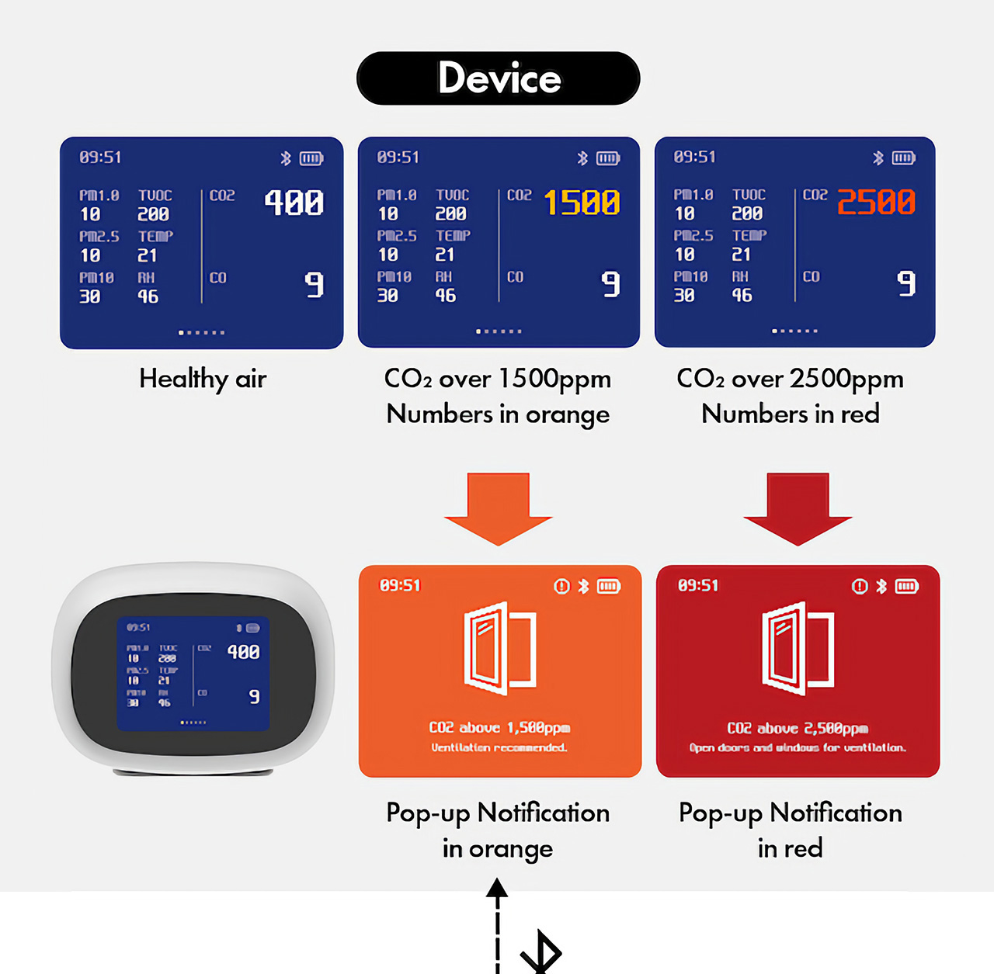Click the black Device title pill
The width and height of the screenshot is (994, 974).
[498, 78]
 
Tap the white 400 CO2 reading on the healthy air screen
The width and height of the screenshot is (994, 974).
[294, 203]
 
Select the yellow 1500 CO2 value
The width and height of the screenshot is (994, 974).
[582, 203]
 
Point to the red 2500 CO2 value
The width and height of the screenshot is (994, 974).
[876, 202]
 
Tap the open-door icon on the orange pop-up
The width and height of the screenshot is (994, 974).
[499, 648]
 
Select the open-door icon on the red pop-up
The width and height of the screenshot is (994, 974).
[798, 648]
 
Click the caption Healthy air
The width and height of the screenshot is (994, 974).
[203, 379]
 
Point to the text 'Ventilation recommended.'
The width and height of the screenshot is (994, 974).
[499, 747]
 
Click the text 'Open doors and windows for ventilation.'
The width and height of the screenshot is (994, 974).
[798, 747]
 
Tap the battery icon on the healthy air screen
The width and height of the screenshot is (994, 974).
[311, 158]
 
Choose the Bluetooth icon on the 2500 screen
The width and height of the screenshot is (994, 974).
[878, 158]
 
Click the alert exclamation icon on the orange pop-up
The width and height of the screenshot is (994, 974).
[561, 586]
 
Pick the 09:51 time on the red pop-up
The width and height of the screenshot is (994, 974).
[698, 585]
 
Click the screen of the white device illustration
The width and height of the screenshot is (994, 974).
[193, 674]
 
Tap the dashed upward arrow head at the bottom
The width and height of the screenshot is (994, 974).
[497, 888]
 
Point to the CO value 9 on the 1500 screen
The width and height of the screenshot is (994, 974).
[611, 284]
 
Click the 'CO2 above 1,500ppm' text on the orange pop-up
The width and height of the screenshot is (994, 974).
[499, 727]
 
